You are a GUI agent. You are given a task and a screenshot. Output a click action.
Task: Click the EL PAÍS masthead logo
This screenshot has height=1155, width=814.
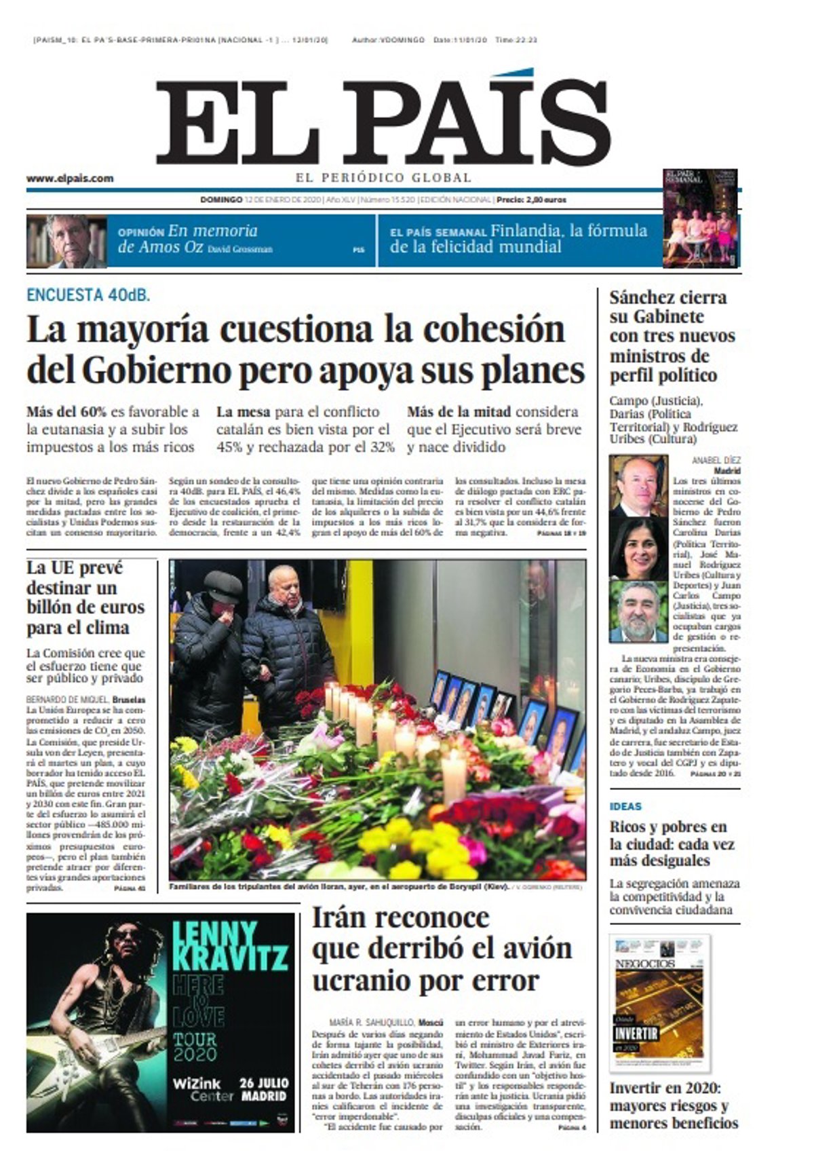click(384, 118)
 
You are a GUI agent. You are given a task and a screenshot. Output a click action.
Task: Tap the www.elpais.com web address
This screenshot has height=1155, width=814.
click(70, 178)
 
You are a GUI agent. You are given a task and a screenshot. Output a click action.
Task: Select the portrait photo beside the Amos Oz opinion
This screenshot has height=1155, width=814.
click(66, 242)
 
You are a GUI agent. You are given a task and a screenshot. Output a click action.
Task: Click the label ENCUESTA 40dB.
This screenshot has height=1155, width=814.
click(88, 295)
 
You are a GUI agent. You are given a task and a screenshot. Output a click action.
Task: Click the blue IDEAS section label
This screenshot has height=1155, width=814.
click(625, 806)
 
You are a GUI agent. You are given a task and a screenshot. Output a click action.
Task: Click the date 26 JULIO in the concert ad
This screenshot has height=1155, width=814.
click(264, 1082)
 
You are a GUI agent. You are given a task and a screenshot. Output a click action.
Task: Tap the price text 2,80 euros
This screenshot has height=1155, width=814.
click(543, 200)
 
